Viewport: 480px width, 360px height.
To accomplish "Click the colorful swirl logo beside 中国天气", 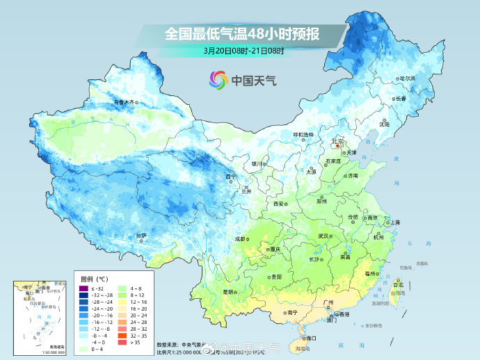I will pyautogui.click(x=218, y=80).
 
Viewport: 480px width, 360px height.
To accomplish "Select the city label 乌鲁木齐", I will pyautogui.click(x=124, y=101).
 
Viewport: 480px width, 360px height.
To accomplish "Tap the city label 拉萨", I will pyautogui.click(x=142, y=235).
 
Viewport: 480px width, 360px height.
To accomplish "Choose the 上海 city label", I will pyautogui.click(x=394, y=222).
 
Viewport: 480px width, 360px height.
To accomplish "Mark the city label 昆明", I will pyautogui.click(x=227, y=292).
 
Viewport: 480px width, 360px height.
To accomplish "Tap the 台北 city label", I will pyautogui.click(x=398, y=284).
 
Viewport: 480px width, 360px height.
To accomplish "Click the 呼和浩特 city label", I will pyautogui.click(x=303, y=133).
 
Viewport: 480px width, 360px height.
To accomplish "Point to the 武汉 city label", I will pyautogui.click(x=323, y=236).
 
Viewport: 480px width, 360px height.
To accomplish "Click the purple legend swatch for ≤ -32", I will pyautogui.click(x=84, y=288).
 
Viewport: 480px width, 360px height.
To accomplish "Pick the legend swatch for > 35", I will pyautogui.click(x=123, y=342).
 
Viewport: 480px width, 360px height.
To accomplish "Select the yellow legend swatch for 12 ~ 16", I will pyautogui.click(x=123, y=302).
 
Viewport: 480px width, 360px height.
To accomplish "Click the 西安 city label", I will pyautogui.click(x=279, y=204).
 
